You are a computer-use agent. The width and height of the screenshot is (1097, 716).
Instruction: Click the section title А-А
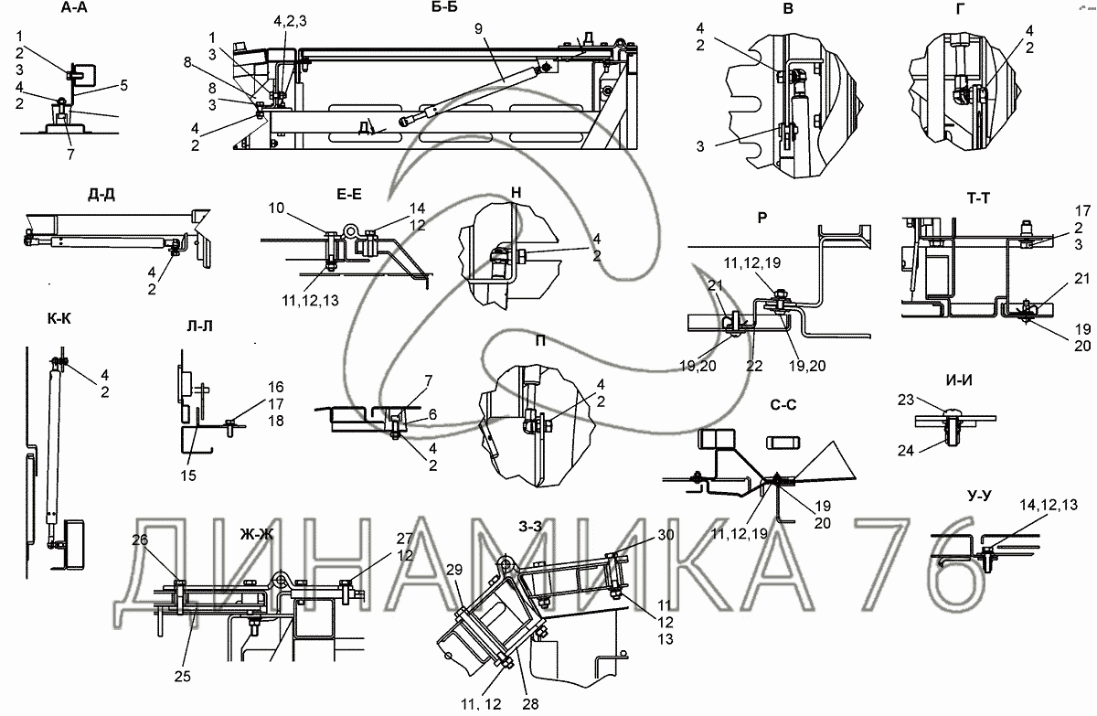74,9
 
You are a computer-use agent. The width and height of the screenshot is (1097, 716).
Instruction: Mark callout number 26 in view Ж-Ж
139,540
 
